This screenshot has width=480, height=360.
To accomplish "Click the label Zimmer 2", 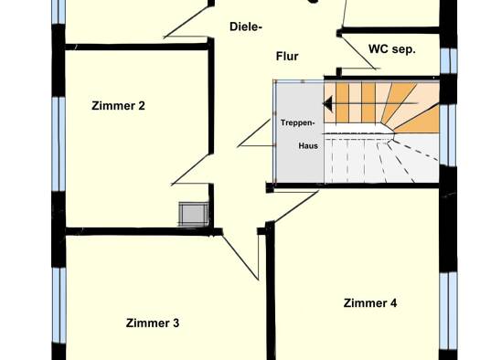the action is (x=118, y=106).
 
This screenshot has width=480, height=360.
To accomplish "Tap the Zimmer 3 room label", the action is (x=153, y=323).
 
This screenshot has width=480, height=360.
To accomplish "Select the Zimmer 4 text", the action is (x=370, y=303).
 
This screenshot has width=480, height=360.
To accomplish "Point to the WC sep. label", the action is (x=392, y=49).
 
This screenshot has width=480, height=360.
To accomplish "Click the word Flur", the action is (x=287, y=57).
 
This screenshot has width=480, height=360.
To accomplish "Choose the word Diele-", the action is (x=246, y=26).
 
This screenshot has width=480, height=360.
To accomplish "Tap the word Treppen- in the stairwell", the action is (x=297, y=123).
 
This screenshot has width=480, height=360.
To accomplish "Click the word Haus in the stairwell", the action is (x=308, y=145).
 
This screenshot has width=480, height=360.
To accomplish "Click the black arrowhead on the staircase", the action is (x=328, y=103).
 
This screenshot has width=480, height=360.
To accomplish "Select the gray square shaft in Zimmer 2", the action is (x=194, y=214).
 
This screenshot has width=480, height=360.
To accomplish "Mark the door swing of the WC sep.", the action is (x=358, y=52).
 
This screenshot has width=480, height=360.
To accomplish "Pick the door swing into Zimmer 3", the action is (x=240, y=257).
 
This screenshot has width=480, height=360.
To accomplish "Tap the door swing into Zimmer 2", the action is (x=191, y=169).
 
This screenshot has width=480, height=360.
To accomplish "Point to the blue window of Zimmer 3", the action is (x=59, y=305).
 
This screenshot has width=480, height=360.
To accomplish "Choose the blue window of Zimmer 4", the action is (x=448, y=311).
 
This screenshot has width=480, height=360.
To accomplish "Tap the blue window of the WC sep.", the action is (x=449, y=61).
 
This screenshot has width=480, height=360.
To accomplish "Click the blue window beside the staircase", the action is (x=449, y=135).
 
